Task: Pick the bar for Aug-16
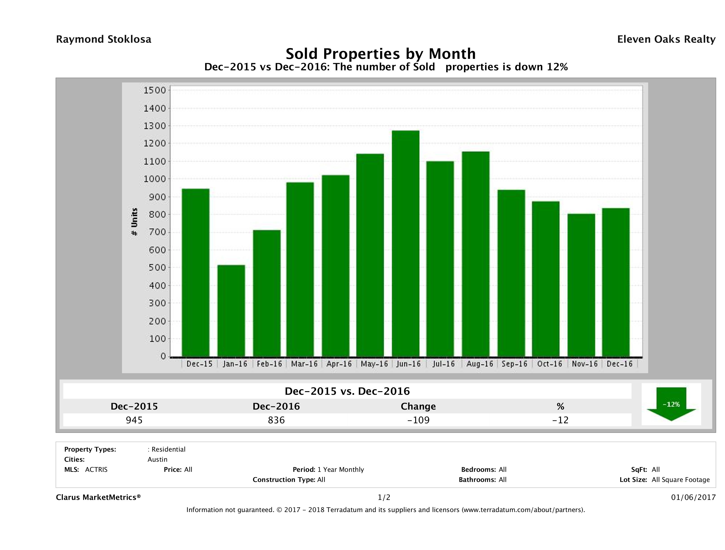[x=476, y=254]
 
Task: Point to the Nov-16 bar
[x=581, y=285]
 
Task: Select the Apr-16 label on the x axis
[x=339, y=364]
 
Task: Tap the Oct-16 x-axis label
[x=549, y=364]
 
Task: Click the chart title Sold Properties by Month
[x=381, y=54]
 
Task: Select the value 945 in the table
[x=134, y=420]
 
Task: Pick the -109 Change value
[x=418, y=420]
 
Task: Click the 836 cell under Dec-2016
[x=276, y=420]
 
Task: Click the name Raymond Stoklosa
[x=104, y=39]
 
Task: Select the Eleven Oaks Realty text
[x=666, y=39]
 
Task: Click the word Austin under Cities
[x=157, y=459]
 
